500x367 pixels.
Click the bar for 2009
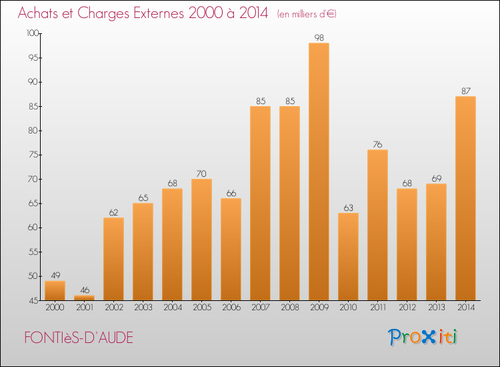[x=319, y=171]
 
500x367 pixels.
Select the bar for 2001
[x=84, y=298]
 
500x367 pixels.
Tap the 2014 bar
[x=465, y=198]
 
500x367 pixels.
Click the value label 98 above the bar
[x=319, y=38]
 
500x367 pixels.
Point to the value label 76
[x=377, y=145]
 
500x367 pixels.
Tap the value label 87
[x=465, y=91]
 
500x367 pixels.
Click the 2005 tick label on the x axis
[x=201, y=308]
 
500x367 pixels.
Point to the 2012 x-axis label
[x=407, y=308]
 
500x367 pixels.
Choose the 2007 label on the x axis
[x=260, y=308]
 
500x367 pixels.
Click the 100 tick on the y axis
[x=32, y=33]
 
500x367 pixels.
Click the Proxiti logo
[x=423, y=337]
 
